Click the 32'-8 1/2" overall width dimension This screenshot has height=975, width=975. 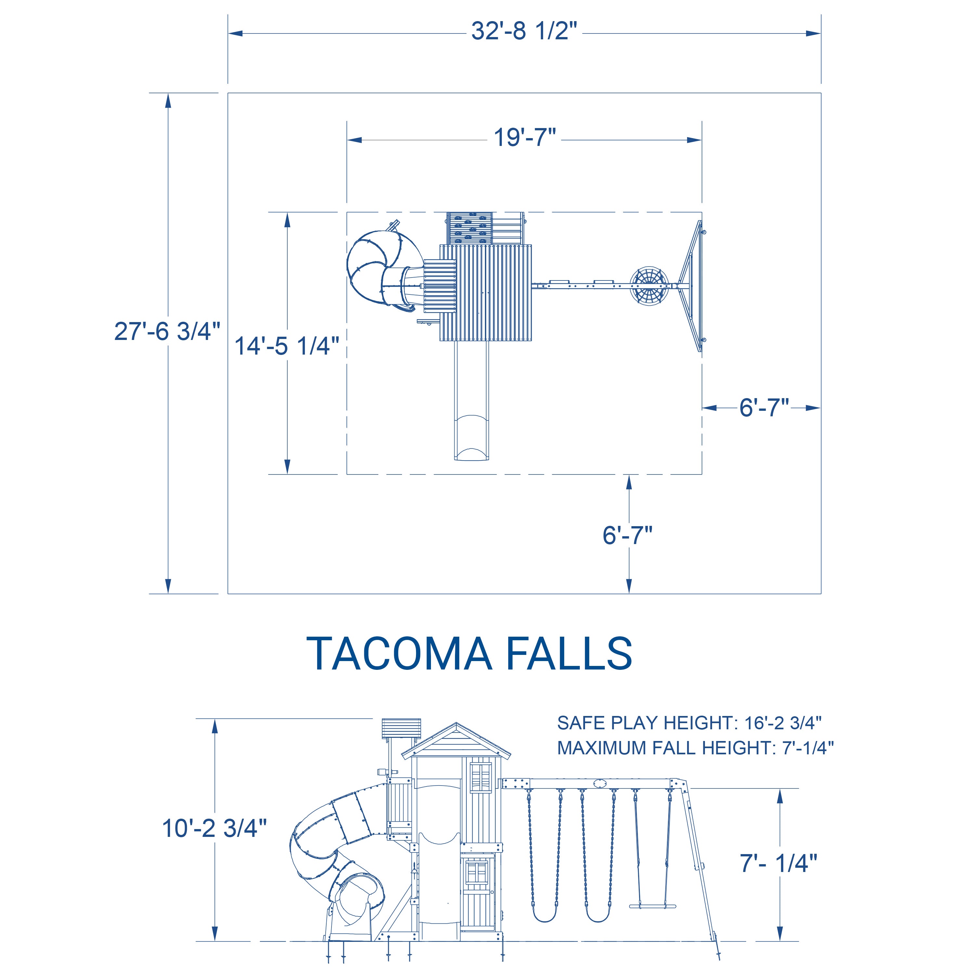524,31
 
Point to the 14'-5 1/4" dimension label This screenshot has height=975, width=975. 287,346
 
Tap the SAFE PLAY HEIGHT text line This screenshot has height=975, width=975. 689,723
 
